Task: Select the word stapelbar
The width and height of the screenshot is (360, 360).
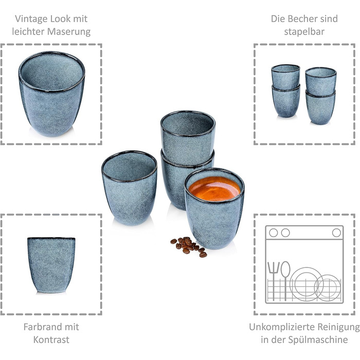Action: (304, 32)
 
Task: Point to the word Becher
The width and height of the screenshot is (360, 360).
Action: (304, 19)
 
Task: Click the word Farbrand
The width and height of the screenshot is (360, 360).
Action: (40, 327)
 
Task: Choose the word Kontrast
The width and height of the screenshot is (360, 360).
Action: (51, 340)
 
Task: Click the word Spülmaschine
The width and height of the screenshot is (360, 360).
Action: (318, 340)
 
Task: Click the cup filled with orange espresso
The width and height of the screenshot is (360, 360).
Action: (214, 208)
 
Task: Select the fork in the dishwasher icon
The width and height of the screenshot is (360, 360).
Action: (273, 281)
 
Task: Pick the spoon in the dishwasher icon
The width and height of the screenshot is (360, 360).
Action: (285, 281)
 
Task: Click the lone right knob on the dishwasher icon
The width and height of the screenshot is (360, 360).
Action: (336, 233)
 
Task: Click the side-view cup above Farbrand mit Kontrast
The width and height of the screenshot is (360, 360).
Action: (51, 265)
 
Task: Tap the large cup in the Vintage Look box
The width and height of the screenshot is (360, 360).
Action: (51, 94)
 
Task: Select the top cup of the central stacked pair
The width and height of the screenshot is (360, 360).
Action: (188, 138)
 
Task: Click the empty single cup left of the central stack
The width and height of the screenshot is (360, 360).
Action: (130, 188)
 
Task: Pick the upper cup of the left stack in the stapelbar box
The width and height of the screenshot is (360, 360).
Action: (285, 77)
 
